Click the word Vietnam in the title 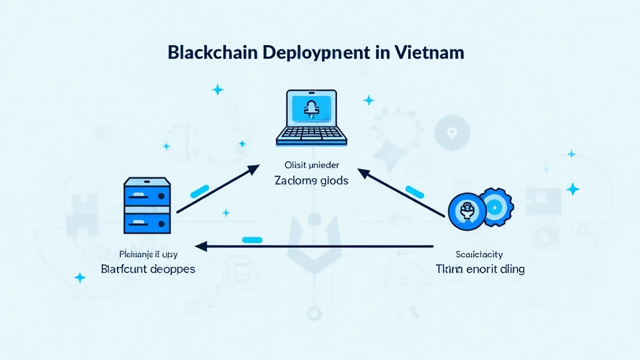point(429,52)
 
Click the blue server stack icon point(147,204)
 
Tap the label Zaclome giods point(311,181)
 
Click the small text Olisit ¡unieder point(311,166)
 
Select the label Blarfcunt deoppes point(147,269)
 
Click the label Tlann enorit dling point(480,269)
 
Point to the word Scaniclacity point(480,254)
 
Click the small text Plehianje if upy point(147,254)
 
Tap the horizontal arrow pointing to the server point(312,246)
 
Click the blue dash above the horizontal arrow point(251,239)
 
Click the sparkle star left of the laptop point(217,90)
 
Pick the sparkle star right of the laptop point(369,99)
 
